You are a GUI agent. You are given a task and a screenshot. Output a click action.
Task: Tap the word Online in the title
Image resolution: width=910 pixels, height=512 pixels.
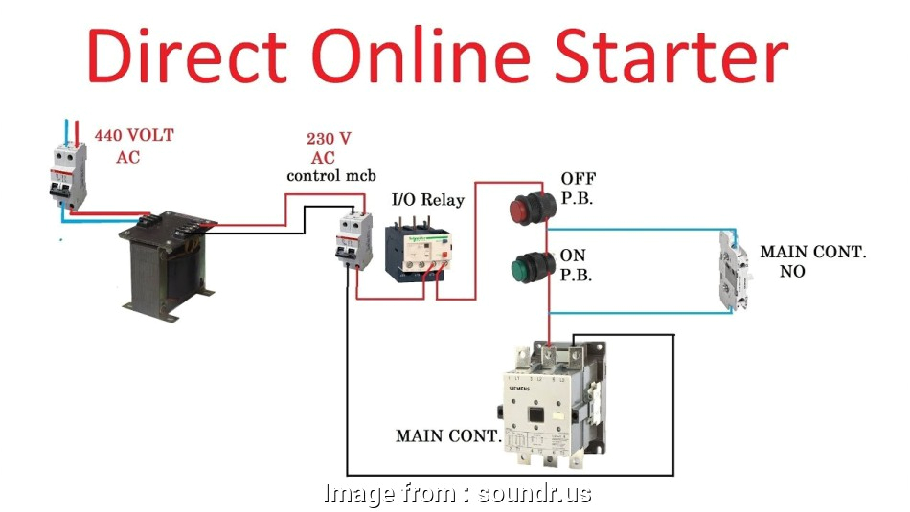coord(425,56)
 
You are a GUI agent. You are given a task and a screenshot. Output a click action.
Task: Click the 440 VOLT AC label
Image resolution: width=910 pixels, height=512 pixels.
coord(133,145)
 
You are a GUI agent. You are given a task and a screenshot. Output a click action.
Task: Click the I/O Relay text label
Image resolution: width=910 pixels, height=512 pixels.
coord(428,200)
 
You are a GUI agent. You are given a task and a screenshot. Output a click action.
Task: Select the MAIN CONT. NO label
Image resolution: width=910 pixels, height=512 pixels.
coord(812,261)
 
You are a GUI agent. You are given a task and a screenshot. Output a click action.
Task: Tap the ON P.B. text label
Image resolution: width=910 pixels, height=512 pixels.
coord(576,266)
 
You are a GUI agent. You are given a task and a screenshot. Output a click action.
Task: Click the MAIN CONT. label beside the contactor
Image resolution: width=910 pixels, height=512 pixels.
coord(448,436)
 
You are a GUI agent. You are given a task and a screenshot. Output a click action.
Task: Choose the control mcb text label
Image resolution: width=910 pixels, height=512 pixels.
coord(331,176)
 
